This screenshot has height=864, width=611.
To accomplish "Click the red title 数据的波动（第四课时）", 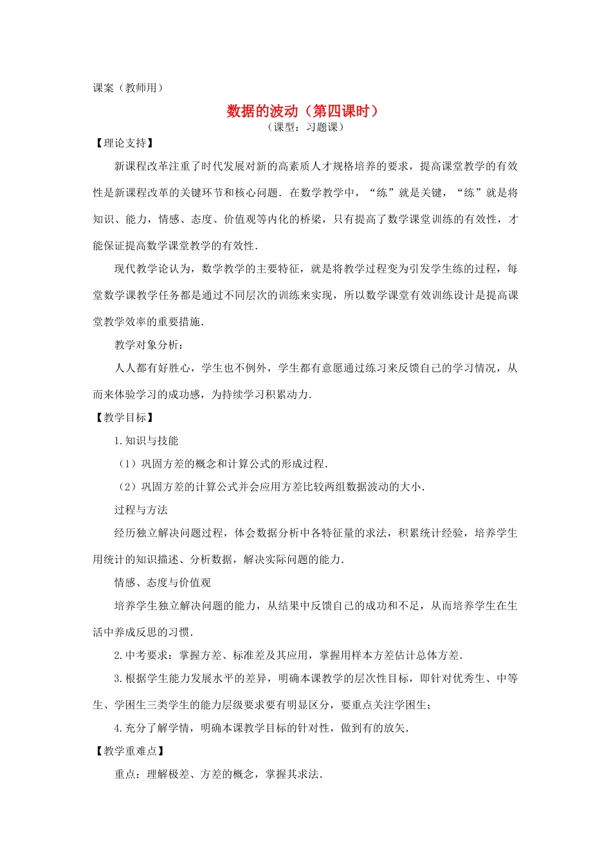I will (x=304, y=111).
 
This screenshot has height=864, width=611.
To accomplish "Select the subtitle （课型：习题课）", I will (x=306, y=127).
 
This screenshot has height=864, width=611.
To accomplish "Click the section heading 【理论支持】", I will (x=125, y=143).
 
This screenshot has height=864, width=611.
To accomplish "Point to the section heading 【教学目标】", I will (x=125, y=418).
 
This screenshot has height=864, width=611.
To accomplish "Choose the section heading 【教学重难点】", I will (x=130, y=751).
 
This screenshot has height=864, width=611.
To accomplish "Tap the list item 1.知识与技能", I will (x=146, y=441).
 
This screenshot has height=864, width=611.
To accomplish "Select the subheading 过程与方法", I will (x=141, y=510).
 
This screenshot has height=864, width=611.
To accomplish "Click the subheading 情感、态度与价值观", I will (x=163, y=583).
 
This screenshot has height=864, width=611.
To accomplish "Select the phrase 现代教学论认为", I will (x=152, y=269).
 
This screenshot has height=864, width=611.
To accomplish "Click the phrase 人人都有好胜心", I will (x=152, y=368).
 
